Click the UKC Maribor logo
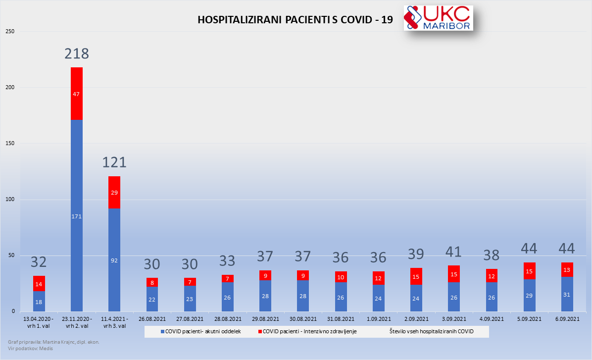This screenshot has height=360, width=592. click(x=438, y=18)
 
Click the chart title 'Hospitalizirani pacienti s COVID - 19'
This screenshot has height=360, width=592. click(x=295, y=20)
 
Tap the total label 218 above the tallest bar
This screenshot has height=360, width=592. click(x=77, y=53)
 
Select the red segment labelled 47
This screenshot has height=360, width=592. click(x=77, y=94)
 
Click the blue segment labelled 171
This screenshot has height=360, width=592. click(x=77, y=216)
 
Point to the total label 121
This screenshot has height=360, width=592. click(x=114, y=162)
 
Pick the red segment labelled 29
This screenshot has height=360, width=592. click(x=114, y=192)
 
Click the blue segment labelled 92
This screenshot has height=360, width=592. click(x=114, y=260)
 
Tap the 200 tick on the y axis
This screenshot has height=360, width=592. click(x=10, y=88)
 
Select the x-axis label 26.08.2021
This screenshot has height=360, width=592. click(x=152, y=319)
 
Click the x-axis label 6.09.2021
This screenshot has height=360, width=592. click(x=567, y=319)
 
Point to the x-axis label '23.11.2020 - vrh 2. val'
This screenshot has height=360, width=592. click(x=77, y=322)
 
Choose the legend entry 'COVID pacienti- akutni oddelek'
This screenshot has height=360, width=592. click(x=200, y=331)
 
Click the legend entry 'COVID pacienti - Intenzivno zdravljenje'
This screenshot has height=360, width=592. click(x=307, y=331)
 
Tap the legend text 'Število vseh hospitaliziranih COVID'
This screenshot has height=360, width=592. click(x=431, y=331)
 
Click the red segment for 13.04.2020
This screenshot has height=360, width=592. click(x=39, y=283)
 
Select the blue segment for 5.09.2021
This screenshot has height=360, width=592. click(x=529, y=295)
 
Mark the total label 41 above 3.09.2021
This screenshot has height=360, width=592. click(x=453, y=252)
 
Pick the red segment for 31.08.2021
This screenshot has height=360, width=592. click(x=341, y=277)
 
